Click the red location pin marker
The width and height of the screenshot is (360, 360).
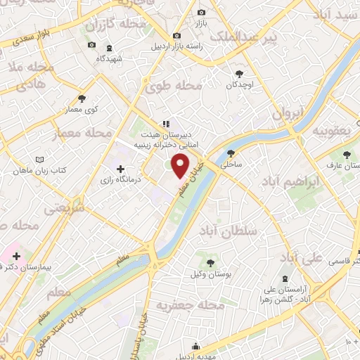[181, 167]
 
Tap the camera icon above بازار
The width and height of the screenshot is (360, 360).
[202, 12]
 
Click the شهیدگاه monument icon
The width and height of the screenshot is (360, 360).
[109, 47]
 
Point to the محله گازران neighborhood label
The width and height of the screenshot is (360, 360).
[115, 25]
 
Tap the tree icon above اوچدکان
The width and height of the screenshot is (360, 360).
[239, 72]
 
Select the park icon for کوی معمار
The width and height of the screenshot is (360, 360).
[83, 98]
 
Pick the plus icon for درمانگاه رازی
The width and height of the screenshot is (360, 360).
[120, 169]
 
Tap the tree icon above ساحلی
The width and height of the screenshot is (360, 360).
[231, 153]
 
